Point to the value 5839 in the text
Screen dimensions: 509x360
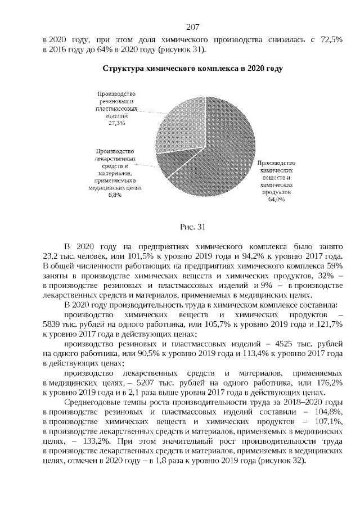point(53,323)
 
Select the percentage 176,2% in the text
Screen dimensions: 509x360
point(328,382)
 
